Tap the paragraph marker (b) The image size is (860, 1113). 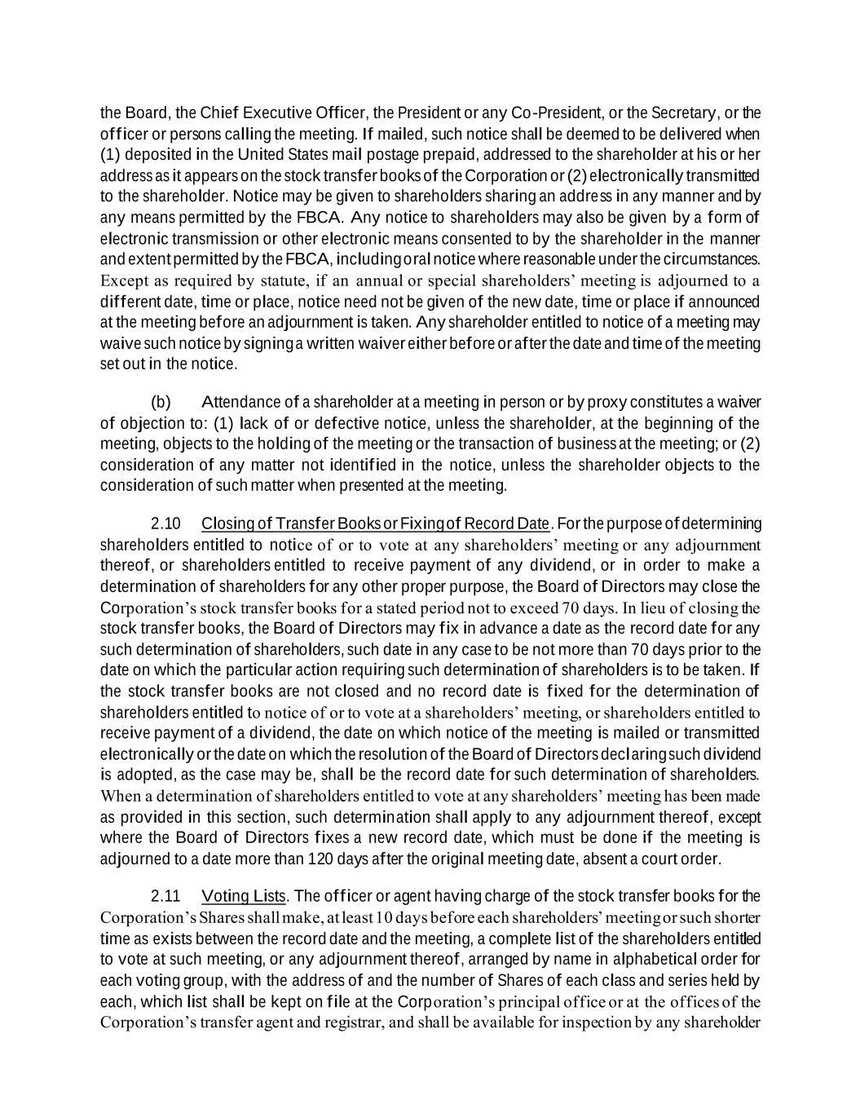[161, 402]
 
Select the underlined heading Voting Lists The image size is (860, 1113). [244, 896]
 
